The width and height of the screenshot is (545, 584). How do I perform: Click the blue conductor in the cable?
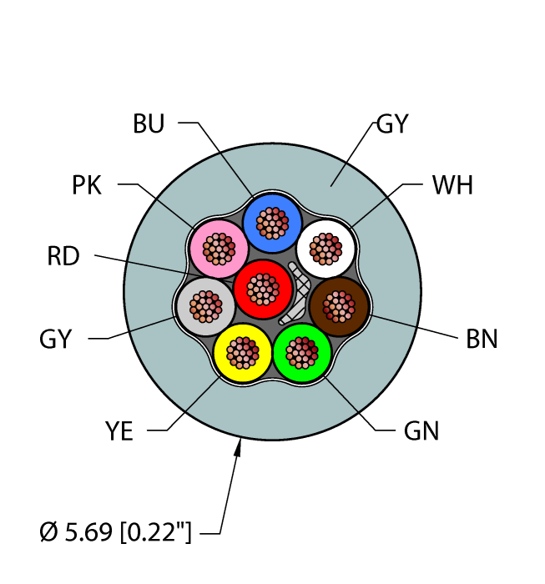coord(271,223)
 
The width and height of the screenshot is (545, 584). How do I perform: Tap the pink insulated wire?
coord(219,248)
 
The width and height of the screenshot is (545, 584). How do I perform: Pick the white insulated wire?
coord(326,248)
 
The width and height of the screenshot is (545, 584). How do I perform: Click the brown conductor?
coord(339,306)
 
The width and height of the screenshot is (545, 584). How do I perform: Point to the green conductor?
coord(301,351)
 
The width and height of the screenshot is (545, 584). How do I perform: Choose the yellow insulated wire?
coord(242,351)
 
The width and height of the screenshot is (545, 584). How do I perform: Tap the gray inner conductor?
coord(205,306)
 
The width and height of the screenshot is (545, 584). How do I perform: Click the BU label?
coord(149,124)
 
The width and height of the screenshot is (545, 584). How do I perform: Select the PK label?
coord(87,184)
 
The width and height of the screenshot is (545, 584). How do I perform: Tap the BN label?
coord(481,339)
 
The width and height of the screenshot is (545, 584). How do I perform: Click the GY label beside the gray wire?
coord(56,339)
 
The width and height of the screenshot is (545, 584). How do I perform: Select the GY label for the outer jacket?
coord(391,124)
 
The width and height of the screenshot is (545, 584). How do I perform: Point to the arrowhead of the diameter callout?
coord(239,448)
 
